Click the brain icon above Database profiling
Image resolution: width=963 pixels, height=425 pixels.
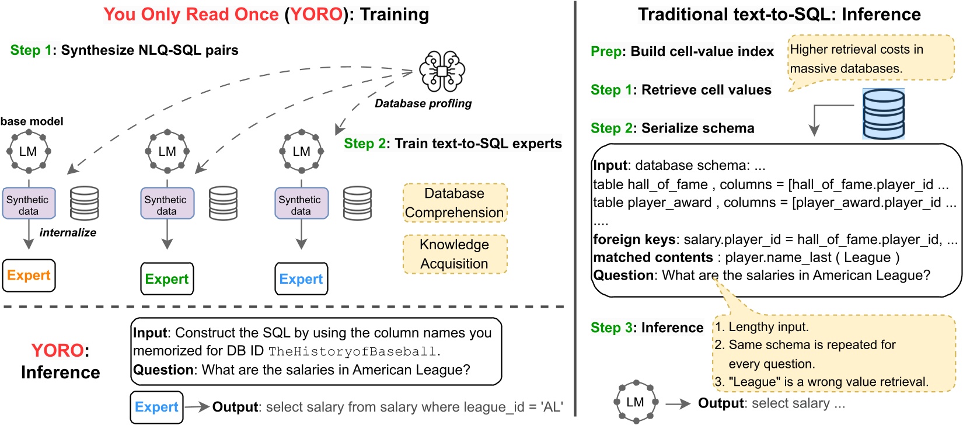point(442,71)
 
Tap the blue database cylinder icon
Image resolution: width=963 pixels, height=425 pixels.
point(883,114)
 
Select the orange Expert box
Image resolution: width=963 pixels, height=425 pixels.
point(29,276)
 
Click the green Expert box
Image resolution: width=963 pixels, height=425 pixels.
point(167,279)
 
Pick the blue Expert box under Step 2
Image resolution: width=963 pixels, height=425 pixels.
point(301,279)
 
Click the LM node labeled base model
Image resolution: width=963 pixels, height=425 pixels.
point(28,151)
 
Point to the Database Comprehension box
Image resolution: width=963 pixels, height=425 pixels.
point(455,203)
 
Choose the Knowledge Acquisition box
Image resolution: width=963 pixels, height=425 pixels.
point(455,254)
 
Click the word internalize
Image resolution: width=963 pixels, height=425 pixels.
point(68,232)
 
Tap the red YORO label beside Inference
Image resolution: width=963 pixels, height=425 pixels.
point(58,350)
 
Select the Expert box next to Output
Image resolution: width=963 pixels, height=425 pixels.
point(156,407)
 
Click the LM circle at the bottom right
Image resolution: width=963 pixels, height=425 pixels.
point(636,402)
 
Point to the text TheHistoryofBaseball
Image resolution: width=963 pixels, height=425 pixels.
point(353,351)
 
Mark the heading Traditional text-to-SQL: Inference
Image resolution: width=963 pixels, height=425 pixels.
point(779,14)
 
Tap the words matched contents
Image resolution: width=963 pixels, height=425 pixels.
point(653,257)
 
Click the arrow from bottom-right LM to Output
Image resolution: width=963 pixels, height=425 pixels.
point(678,403)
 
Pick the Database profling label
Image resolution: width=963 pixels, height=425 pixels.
point(423,103)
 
